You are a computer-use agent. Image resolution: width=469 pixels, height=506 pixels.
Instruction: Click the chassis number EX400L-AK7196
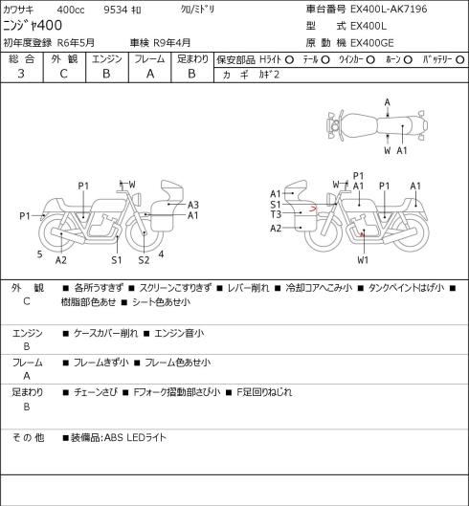tap(389, 10)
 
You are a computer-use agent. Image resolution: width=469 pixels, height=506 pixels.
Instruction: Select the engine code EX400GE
tap(372, 43)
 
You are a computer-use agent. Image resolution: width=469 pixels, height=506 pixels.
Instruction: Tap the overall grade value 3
tap(21, 74)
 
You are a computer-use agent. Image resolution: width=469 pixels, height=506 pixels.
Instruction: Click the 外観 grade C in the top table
tap(63, 74)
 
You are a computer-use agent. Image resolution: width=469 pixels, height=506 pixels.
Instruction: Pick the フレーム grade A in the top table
tap(150, 74)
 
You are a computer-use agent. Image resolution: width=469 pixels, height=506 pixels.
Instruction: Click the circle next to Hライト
tap(289, 59)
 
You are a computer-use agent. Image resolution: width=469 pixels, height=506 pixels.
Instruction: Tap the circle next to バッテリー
tap(460, 59)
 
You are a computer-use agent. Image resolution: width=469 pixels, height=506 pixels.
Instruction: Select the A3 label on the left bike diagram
tap(192, 205)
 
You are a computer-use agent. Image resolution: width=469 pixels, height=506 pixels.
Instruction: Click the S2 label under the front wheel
tap(145, 260)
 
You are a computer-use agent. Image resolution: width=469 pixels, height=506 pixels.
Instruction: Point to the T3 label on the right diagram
tap(276, 214)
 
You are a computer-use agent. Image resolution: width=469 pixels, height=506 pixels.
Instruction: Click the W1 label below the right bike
tap(363, 260)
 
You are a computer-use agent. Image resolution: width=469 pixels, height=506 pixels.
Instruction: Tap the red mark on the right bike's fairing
tap(313, 209)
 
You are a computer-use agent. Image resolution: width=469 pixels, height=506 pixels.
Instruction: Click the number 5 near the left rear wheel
tap(40, 254)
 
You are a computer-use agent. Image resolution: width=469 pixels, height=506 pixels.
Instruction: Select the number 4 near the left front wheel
tap(161, 254)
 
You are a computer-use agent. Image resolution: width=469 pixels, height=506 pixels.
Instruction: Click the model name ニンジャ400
tap(33, 26)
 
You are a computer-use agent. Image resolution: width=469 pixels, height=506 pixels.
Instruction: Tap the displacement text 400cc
tap(71, 10)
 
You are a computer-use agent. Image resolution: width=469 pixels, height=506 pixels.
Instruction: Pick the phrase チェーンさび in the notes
tap(96, 392)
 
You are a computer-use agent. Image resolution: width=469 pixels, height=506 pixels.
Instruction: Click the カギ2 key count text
tap(269, 75)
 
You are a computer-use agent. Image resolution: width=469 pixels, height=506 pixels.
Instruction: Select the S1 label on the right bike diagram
tap(276, 205)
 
